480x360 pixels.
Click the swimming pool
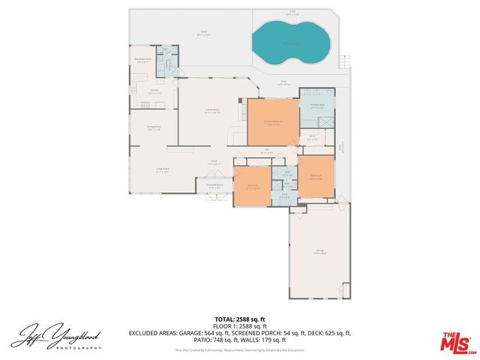(289, 43)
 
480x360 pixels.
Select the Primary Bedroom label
(272, 123)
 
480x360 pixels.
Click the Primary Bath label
(317, 106)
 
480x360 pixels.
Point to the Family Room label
(212, 111)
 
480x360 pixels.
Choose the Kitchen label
(154, 92)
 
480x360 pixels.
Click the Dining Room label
(154, 129)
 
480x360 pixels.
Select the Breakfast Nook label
(143, 60)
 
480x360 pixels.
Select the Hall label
(265, 153)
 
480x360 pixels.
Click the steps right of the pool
(345, 61)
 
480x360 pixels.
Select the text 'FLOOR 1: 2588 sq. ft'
(240, 326)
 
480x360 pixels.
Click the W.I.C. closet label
(313, 137)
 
